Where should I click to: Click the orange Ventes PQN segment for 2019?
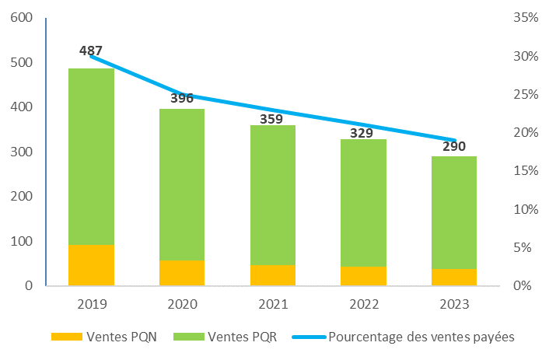pos(91,265)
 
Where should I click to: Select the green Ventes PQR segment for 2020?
pos(182,184)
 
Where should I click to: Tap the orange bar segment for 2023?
pos(454,277)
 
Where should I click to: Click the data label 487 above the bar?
pos(91,51)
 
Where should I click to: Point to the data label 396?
pos(182,98)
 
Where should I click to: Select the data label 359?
pos(272,121)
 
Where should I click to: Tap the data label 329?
pos(363,133)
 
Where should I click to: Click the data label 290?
pos(454,146)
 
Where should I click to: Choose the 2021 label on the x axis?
pos(272,304)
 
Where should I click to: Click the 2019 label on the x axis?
pos(91,304)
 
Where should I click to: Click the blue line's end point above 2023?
pos(454,140)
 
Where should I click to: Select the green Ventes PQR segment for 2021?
pos(272,194)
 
